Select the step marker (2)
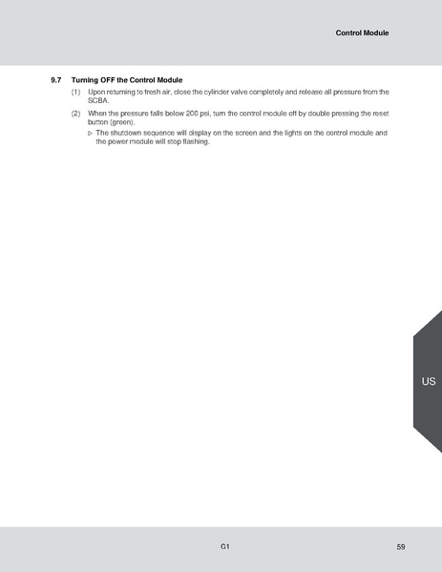[x=75, y=113]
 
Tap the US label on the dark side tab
[x=428, y=381]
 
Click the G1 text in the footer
[x=223, y=546]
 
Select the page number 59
[x=400, y=546]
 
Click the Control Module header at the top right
[x=362, y=32]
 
